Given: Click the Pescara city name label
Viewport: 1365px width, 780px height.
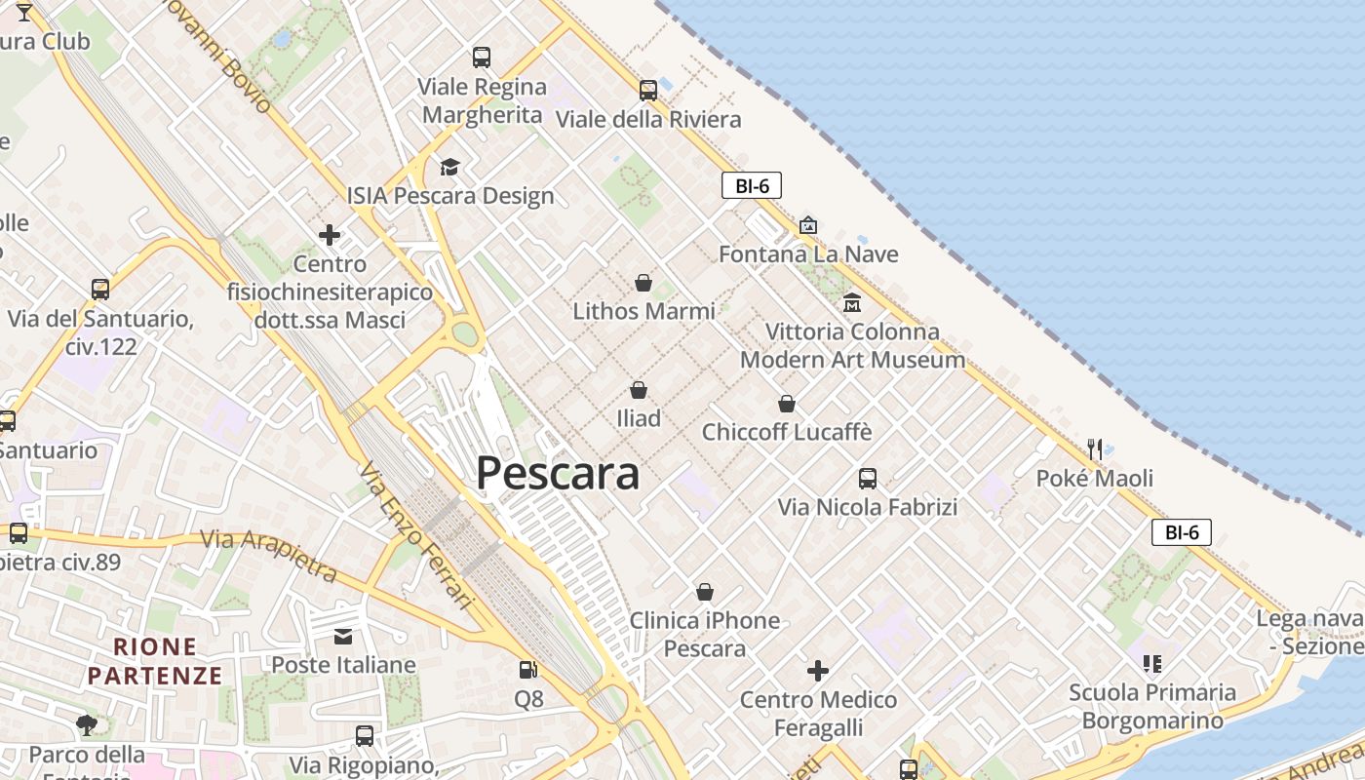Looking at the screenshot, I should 558,474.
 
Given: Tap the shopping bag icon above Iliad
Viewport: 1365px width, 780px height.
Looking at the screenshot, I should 639,390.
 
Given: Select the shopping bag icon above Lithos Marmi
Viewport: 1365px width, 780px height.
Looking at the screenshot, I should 643,283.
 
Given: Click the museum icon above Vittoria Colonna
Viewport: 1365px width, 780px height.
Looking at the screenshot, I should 852,302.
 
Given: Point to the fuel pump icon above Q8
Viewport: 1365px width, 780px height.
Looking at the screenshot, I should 528,670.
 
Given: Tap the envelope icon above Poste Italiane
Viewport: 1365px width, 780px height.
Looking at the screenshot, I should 343,637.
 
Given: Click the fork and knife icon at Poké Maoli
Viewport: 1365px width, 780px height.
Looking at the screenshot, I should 1095,449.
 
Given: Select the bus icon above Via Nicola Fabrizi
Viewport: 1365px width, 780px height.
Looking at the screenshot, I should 868,479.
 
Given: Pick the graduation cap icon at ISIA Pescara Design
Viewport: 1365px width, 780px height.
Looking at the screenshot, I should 449,168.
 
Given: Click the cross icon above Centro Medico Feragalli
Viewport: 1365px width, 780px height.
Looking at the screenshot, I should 818,671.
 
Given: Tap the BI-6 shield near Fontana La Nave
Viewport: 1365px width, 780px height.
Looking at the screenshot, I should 752,185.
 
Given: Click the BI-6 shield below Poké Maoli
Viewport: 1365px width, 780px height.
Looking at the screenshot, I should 1182,532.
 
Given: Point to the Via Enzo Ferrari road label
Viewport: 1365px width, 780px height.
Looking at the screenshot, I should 415,534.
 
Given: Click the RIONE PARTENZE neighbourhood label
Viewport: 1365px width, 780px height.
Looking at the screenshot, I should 155,660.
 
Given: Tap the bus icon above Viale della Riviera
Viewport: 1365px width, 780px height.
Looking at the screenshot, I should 648,91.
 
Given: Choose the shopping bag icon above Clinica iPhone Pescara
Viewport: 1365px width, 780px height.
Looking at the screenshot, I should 705,592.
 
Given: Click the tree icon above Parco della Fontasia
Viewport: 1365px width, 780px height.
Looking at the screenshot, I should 87,724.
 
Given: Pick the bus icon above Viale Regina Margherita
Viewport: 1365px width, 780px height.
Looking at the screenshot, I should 482,58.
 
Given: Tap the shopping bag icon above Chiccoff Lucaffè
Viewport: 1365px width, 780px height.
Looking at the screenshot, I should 787,404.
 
